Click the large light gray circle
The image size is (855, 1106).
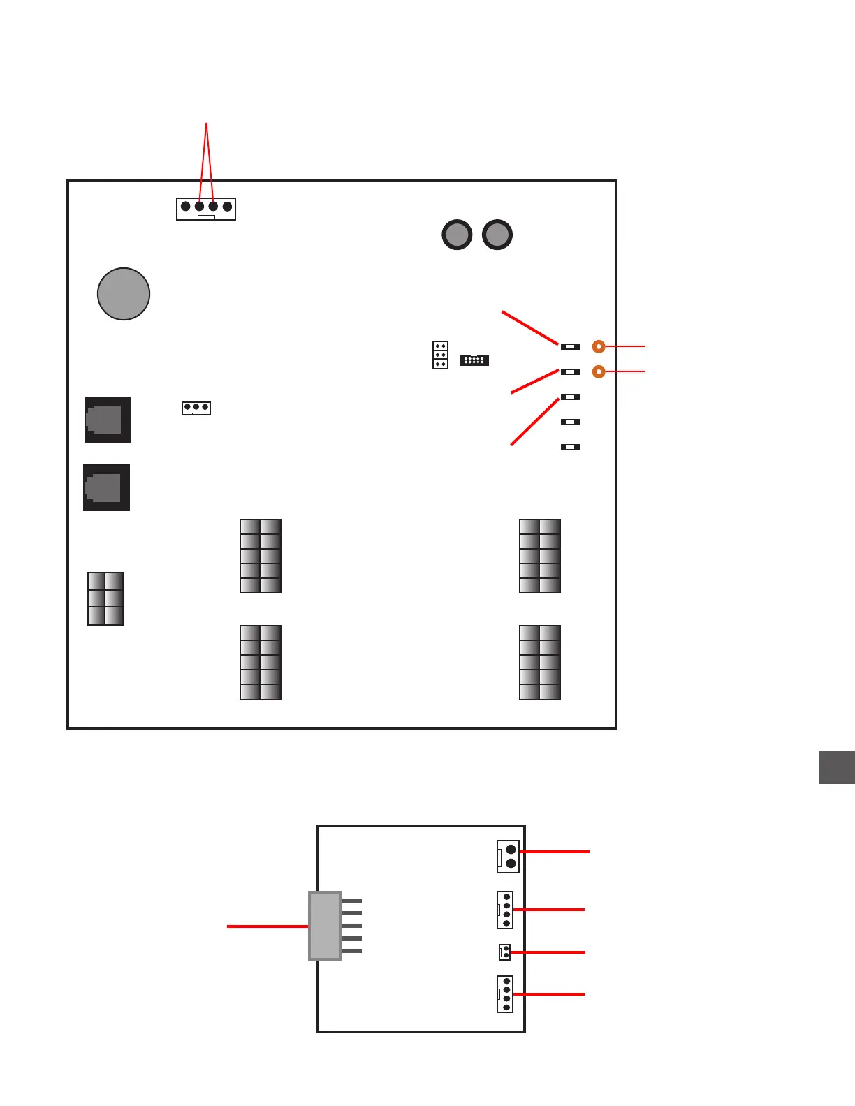tap(124, 294)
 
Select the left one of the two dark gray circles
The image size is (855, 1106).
tap(457, 235)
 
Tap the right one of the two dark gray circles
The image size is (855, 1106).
tap(497, 235)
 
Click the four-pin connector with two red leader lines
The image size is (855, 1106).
tap(206, 209)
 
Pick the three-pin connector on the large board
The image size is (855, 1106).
tap(196, 408)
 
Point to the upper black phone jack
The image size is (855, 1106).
tap(108, 420)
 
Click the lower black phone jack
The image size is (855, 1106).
tap(106, 487)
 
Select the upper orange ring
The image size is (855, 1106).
tap(599, 346)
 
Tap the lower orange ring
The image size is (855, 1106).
tap(599, 371)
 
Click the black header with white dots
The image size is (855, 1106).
tap(474, 360)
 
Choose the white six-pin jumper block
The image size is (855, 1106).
tap(440, 355)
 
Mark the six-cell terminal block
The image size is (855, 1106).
tap(105, 598)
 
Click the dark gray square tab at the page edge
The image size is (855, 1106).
tap(837, 767)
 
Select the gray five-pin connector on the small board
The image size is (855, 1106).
tap(326, 926)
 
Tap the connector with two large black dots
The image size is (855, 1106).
tap(509, 856)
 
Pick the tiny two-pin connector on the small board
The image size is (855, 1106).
tap(504, 952)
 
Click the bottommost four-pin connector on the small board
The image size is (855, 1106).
tap(505, 994)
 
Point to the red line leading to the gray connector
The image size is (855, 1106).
tap(268, 927)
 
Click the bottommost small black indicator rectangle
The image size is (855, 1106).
tap(570, 447)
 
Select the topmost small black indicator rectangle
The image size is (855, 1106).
tap(570, 346)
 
